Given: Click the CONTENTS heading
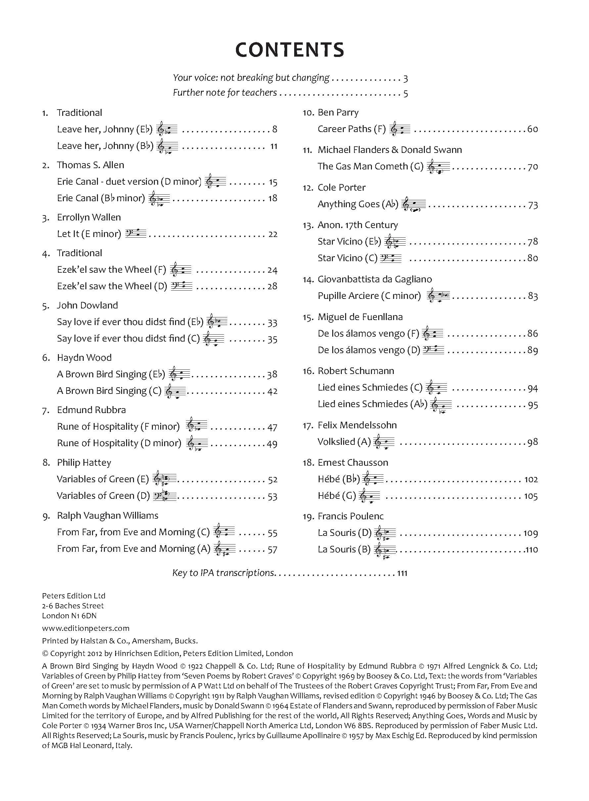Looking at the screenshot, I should (290, 50).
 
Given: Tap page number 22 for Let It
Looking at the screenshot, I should (273, 234).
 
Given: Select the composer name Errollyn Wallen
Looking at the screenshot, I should (89, 217).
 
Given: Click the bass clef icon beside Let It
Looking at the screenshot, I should (136, 234).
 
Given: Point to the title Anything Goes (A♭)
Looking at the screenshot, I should (358, 204).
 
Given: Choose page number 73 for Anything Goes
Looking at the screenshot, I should (533, 205).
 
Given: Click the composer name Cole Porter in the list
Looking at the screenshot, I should (341, 188).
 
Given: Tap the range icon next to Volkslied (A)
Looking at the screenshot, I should (384, 442).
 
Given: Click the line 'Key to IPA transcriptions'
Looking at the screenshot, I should (223, 573).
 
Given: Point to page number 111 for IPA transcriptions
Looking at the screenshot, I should (402, 573).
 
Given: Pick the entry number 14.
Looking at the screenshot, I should (308, 280).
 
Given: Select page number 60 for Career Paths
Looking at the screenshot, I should (533, 129).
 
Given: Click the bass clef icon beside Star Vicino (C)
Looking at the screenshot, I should (391, 258).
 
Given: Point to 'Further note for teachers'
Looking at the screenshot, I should (225, 93).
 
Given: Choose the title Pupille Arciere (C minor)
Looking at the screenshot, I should (369, 296).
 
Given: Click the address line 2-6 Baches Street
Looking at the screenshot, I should (73, 606).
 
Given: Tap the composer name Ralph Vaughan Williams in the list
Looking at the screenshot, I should (107, 516).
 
